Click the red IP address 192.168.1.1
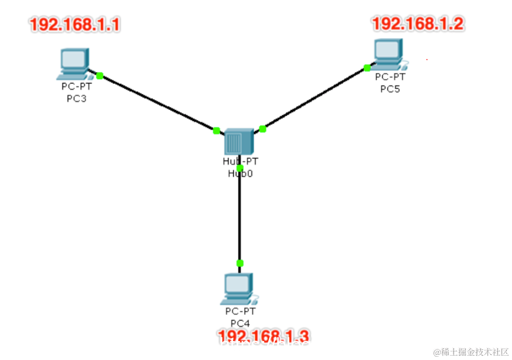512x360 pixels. pos(75,25)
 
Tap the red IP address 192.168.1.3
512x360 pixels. pos(263,336)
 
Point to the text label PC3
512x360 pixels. pos(76,98)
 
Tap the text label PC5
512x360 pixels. pos(390,89)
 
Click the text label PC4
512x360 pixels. pos(240,323)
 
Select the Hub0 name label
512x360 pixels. pos(240,174)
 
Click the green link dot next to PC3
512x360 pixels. pos(100,75)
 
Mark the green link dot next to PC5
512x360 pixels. pos(367,68)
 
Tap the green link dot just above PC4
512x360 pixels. pos(240,263)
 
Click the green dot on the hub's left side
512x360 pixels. pos(217,130)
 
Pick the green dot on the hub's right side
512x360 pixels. pos(263,129)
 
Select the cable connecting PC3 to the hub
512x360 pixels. pos(158,103)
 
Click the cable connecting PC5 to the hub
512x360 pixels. pos(315,98)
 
